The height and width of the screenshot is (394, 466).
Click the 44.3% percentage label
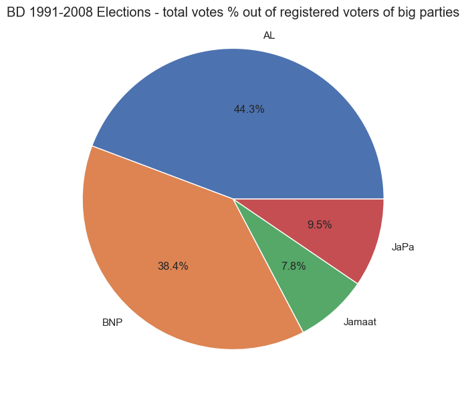point(249,110)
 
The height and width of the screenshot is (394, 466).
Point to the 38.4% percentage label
point(172,266)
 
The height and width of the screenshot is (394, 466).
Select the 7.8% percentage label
point(294,266)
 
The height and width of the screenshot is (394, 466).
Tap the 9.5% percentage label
point(320,225)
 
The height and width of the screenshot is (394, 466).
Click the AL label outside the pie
point(269,35)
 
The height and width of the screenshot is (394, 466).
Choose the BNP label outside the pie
point(112,322)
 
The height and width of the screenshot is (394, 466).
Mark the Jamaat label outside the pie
point(360,322)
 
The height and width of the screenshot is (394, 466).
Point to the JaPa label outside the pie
point(403,247)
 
